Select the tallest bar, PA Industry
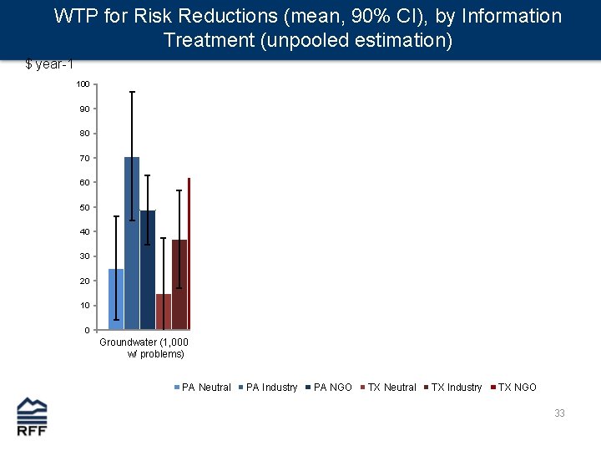tap(132, 243)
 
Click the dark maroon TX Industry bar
tap(179, 284)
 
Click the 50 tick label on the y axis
tap(85, 207)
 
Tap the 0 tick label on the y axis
tap(87, 330)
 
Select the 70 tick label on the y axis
tap(85, 158)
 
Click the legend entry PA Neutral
tap(205, 388)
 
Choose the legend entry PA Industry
tap(271, 388)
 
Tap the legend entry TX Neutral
tap(391, 388)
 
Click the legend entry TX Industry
tap(456, 388)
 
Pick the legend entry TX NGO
tap(517, 388)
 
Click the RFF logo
tap(33, 417)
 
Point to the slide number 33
tap(559, 413)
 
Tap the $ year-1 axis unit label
tap(55, 65)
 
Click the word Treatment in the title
tap(209, 40)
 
